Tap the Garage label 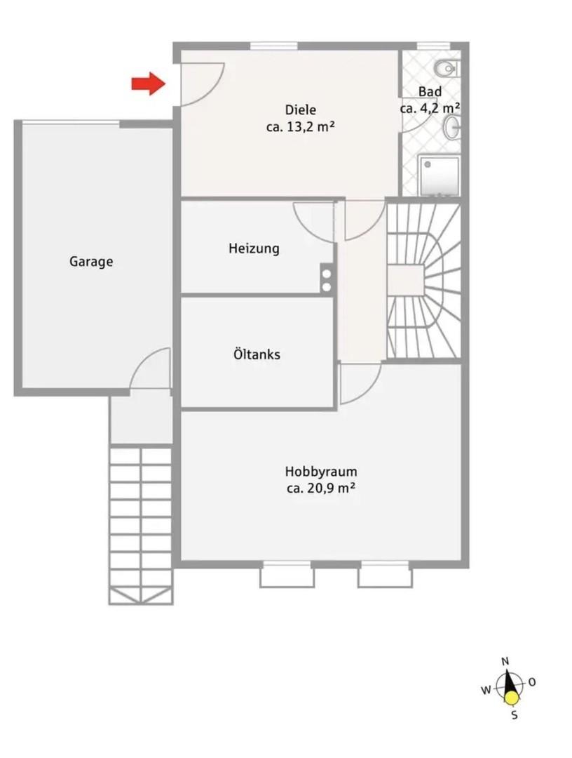[x=91, y=262]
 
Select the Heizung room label [x=254, y=248]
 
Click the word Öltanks [x=257, y=354]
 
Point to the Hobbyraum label [x=321, y=472]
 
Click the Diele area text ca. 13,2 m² [x=300, y=127]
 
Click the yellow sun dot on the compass [x=512, y=698]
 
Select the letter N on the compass [x=505, y=662]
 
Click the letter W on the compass [x=486, y=690]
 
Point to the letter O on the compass [x=532, y=682]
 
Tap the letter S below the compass [x=515, y=714]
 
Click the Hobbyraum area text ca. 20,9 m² [x=321, y=488]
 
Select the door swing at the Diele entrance [x=203, y=84]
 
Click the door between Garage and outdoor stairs [x=150, y=368]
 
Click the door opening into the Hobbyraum [x=360, y=383]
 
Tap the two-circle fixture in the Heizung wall [x=327, y=279]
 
